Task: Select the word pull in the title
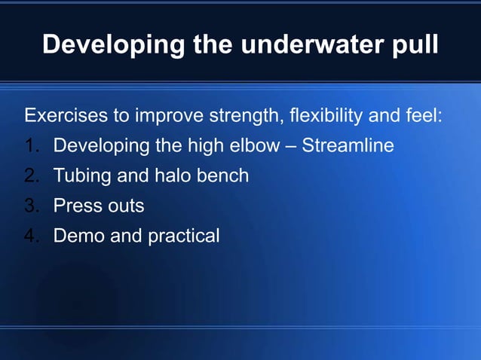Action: point(414,44)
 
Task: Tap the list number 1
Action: point(32,145)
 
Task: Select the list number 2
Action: point(32,176)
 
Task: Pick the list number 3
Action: point(32,206)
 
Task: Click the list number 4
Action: point(32,236)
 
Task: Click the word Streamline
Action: point(348,145)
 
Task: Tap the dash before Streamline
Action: point(290,146)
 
